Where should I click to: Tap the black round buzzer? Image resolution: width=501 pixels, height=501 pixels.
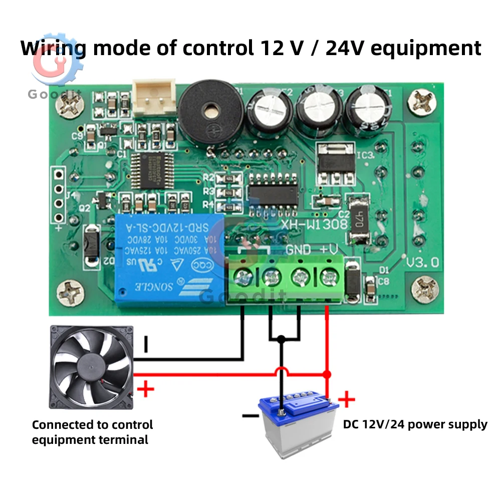click(x=211, y=113)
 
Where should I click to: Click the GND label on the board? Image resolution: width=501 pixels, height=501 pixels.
click(x=299, y=249)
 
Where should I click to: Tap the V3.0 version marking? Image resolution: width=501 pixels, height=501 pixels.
click(x=423, y=262)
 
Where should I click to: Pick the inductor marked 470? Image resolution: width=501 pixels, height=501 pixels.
click(x=357, y=217)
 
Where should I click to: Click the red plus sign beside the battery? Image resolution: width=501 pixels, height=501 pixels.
click(x=347, y=399)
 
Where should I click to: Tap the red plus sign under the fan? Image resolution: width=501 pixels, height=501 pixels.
click(x=145, y=389)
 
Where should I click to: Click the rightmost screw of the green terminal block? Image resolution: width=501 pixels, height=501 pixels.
click(x=328, y=276)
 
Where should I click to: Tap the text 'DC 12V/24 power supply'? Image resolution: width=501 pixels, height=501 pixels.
click(x=415, y=425)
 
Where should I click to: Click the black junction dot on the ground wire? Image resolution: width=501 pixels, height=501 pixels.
click(x=281, y=339)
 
